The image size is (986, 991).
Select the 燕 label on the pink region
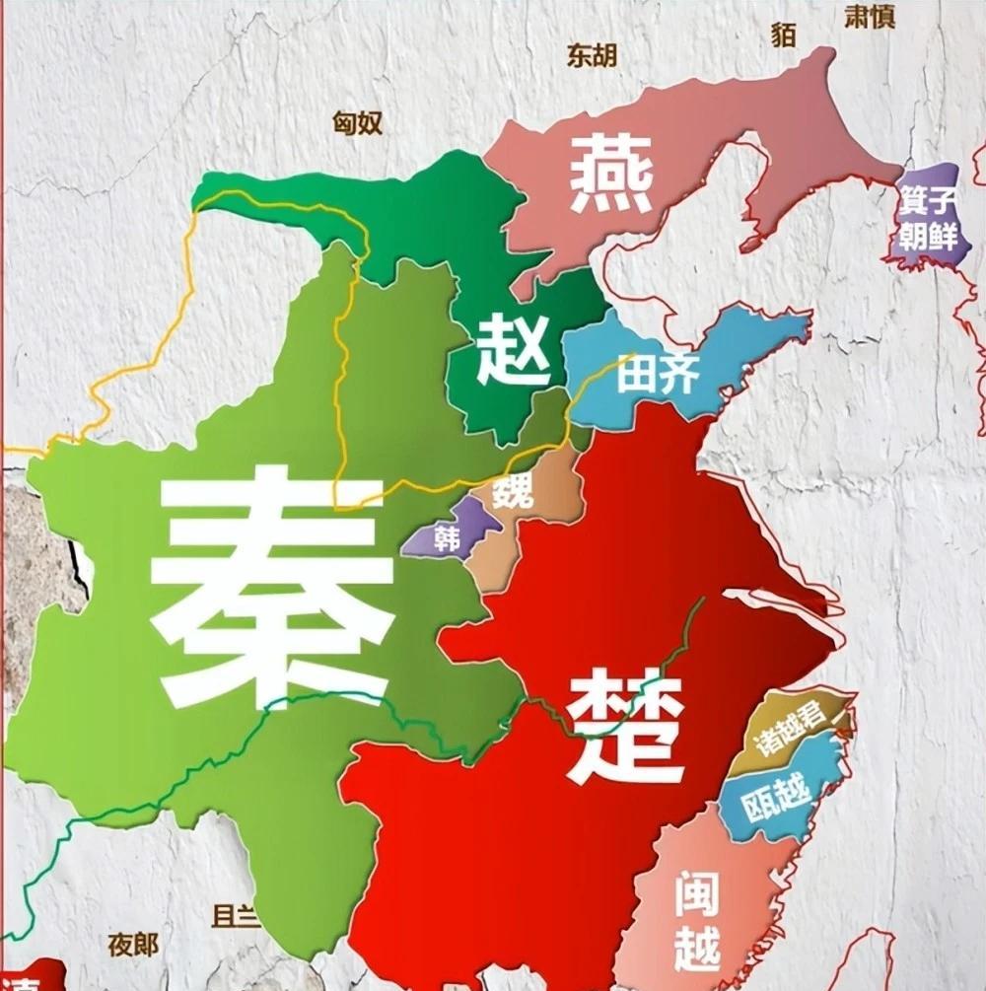612,176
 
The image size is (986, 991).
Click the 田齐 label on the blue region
659,374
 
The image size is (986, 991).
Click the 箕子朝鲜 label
927,222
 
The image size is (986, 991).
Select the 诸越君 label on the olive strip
788,731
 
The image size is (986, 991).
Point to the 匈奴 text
357,123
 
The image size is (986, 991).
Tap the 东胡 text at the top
592,55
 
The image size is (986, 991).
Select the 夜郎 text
133,945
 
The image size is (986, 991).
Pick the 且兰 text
237,914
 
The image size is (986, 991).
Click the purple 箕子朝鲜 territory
927,247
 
